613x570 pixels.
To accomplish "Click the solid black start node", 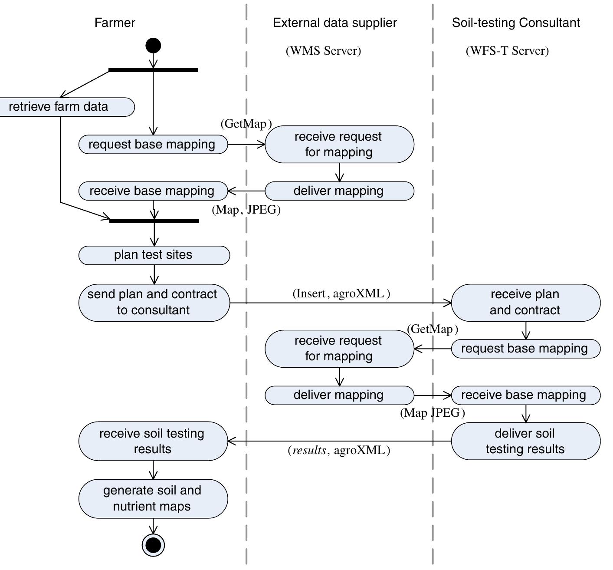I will tap(153, 46).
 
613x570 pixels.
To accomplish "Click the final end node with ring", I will tap(154, 544).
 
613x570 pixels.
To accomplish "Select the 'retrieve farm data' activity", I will tap(65, 107).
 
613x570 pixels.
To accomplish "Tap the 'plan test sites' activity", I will tap(154, 255).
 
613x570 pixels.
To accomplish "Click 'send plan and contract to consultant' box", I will tap(154, 303).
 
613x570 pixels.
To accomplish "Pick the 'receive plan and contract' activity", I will tap(525, 303).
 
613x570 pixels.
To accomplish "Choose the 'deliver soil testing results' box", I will tap(525, 441).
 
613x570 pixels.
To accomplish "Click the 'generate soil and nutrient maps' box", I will tap(153, 498).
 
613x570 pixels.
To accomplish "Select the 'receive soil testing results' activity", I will tap(153, 441).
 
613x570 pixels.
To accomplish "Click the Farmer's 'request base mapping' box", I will tap(153, 145).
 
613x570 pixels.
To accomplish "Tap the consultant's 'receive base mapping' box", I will tap(525, 395).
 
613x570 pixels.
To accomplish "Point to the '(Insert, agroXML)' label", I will tap(341, 294).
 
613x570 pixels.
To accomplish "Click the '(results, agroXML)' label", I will tap(339, 451).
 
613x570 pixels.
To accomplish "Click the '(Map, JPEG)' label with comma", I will tap(246, 210).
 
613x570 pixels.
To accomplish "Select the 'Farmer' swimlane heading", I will tap(115, 23).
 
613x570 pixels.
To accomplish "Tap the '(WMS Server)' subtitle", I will tap(323, 51).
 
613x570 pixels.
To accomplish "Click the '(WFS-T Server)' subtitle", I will tap(507, 51).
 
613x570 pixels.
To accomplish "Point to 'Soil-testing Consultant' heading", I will tap(516, 23).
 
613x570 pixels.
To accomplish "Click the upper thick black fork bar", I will tap(153, 70).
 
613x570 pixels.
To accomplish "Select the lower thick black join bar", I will tap(154, 221).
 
